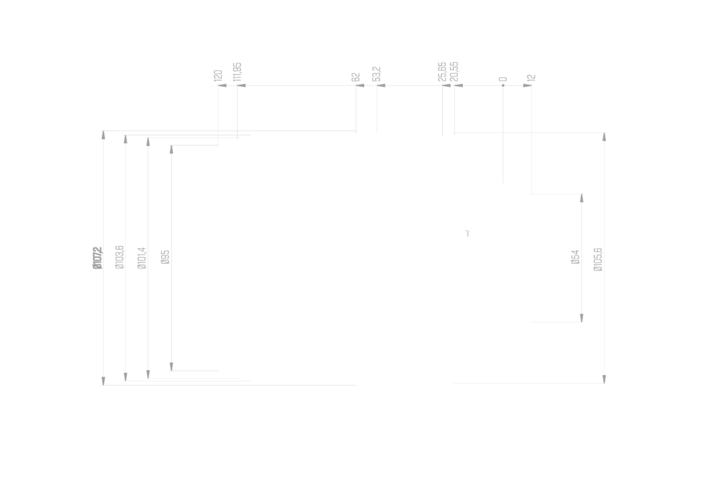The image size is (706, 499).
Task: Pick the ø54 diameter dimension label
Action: (575, 257)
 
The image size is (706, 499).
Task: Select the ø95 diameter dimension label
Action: (165, 257)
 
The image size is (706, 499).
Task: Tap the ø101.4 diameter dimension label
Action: (142, 257)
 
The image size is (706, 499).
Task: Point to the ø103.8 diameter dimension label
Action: (119, 257)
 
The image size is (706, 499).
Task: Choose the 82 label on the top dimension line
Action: (356, 77)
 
